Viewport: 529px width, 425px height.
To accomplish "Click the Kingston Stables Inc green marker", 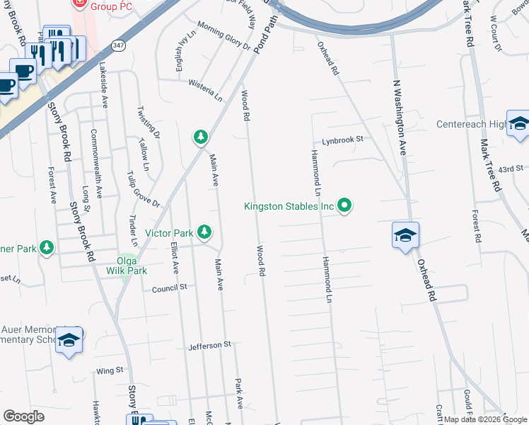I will click(345, 206).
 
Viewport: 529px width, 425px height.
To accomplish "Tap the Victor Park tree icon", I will click(204, 232).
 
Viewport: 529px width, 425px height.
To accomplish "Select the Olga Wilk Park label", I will click(127, 266).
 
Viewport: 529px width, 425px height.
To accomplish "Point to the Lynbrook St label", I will click(342, 140).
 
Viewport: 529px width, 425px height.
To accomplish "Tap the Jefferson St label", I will click(210, 345).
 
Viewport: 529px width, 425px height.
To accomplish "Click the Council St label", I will click(169, 288).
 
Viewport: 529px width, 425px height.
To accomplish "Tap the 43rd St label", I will click(509, 169).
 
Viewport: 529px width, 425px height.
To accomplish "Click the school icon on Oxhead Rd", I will click(406, 235).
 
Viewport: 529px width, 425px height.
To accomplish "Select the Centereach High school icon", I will click(518, 124).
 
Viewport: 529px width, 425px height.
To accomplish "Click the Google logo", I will click(24, 416).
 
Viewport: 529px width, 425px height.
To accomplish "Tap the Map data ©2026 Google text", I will click(485, 419).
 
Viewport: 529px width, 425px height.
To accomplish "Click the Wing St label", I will click(110, 370).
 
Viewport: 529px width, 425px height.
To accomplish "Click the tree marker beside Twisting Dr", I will click(201, 137).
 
